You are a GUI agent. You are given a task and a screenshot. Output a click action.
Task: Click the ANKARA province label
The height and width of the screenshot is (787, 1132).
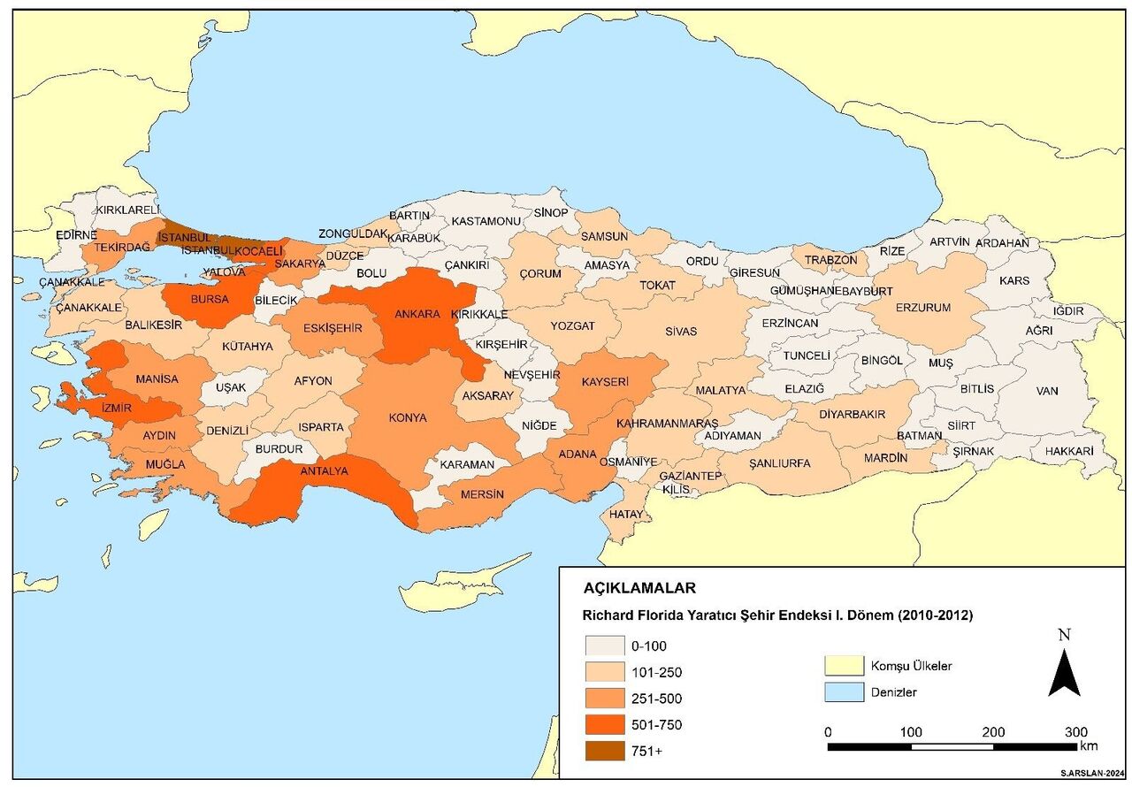(x=417, y=314)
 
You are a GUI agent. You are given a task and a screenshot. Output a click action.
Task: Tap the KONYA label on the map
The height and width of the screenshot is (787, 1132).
(x=407, y=417)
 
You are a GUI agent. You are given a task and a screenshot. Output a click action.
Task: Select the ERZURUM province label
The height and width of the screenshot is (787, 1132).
(x=923, y=308)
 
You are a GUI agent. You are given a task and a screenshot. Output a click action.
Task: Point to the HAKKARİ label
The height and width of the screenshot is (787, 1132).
(x=1068, y=450)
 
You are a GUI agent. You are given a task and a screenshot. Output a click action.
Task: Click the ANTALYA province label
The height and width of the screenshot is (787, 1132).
(x=324, y=471)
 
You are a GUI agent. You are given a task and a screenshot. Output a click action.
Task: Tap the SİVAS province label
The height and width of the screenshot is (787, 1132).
(x=682, y=332)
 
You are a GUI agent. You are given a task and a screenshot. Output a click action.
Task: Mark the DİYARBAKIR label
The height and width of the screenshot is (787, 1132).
(x=852, y=414)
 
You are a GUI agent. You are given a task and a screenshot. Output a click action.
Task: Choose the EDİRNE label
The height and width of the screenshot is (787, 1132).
(x=76, y=235)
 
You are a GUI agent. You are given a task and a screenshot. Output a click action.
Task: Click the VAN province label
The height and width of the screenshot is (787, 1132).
(x=1046, y=390)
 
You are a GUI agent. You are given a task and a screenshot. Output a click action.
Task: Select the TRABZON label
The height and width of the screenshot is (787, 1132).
(x=830, y=260)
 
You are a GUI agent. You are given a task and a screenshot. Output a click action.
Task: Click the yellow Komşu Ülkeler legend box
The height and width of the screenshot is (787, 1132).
(x=842, y=666)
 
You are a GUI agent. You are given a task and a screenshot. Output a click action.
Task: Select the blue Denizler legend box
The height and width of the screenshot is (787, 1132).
(x=842, y=692)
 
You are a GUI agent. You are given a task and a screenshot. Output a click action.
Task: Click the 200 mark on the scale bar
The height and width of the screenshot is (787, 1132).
(x=993, y=732)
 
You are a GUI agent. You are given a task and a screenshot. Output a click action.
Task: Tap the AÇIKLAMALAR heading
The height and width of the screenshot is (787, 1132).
(x=639, y=588)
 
